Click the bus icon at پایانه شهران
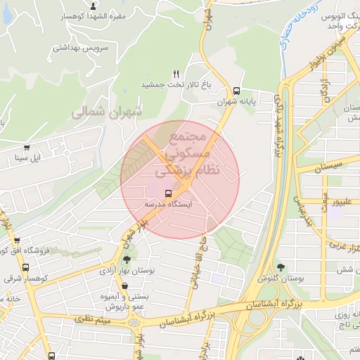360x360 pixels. point(236,91)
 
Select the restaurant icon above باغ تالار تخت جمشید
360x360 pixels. point(176,74)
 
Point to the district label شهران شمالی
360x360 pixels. point(106,111)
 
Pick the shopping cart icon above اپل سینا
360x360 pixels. point(27,148)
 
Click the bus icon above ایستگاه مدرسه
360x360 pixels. point(168,193)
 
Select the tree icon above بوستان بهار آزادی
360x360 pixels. point(127,259)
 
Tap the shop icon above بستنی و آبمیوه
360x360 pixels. point(124,286)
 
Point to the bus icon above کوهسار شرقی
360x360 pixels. point(25,267)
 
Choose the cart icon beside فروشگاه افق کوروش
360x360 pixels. point(6,250)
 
